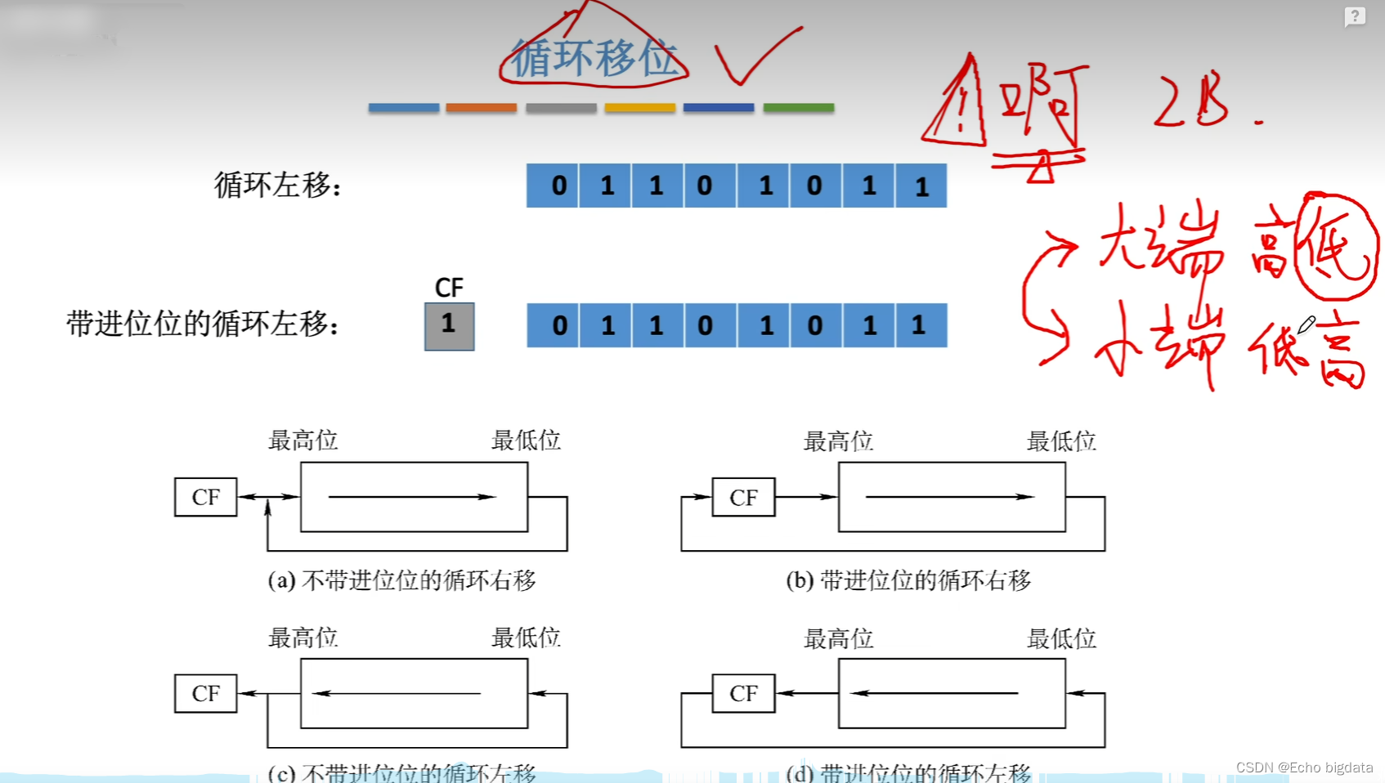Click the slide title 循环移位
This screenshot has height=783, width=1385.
click(594, 58)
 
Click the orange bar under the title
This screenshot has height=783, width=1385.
click(481, 107)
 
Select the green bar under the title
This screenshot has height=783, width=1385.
click(798, 107)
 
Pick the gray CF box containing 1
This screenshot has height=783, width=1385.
click(449, 326)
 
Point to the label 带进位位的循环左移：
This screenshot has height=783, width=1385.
click(203, 324)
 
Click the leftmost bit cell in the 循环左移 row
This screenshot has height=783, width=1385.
click(554, 186)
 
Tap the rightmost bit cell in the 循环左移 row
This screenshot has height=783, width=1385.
click(921, 186)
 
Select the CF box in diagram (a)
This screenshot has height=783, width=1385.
click(205, 497)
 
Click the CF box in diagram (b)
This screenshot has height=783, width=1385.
click(743, 497)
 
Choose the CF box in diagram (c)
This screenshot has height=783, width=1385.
click(205, 693)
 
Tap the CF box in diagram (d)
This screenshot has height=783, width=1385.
click(743, 693)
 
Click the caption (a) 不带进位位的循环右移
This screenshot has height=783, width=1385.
click(401, 580)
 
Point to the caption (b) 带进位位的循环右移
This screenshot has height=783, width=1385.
click(908, 580)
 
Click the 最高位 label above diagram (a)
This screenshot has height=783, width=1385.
click(303, 441)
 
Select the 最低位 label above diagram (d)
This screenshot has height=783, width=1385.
click(1061, 638)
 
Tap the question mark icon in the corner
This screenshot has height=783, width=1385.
click(1354, 16)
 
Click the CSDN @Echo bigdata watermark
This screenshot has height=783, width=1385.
click(1304, 767)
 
